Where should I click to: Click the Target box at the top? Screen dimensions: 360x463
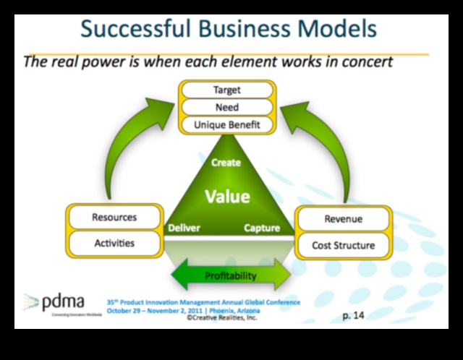click(226, 90)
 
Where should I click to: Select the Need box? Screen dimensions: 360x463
click(226, 108)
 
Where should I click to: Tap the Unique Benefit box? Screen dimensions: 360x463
click(226, 125)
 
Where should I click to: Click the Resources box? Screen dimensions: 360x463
click(114, 218)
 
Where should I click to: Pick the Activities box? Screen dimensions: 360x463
click(114, 243)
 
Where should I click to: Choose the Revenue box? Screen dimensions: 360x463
click(344, 219)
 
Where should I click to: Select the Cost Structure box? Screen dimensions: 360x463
click(344, 245)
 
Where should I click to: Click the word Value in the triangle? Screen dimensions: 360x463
click(226, 197)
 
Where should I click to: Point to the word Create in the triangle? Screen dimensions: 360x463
click(226, 163)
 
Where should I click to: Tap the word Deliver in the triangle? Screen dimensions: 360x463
click(184, 228)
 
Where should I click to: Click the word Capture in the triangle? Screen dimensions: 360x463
click(261, 228)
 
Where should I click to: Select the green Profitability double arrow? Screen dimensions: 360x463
click(231, 275)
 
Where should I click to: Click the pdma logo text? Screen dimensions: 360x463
click(64, 301)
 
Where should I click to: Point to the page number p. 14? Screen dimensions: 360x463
click(353, 315)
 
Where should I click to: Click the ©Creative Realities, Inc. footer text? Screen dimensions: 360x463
click(221, 317)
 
